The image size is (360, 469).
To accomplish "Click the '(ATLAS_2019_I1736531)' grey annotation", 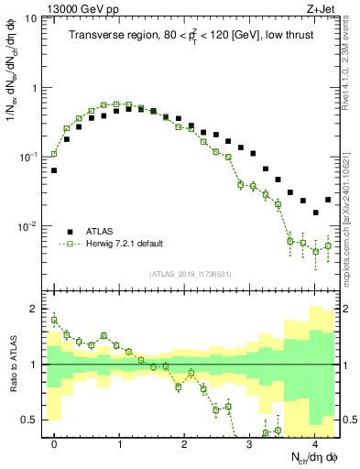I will pos(190,275).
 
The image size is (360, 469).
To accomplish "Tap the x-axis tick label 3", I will pos(249,445).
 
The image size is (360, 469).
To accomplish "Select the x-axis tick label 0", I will pos(54,445).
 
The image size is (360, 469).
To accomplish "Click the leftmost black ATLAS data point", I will pos(54,170).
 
